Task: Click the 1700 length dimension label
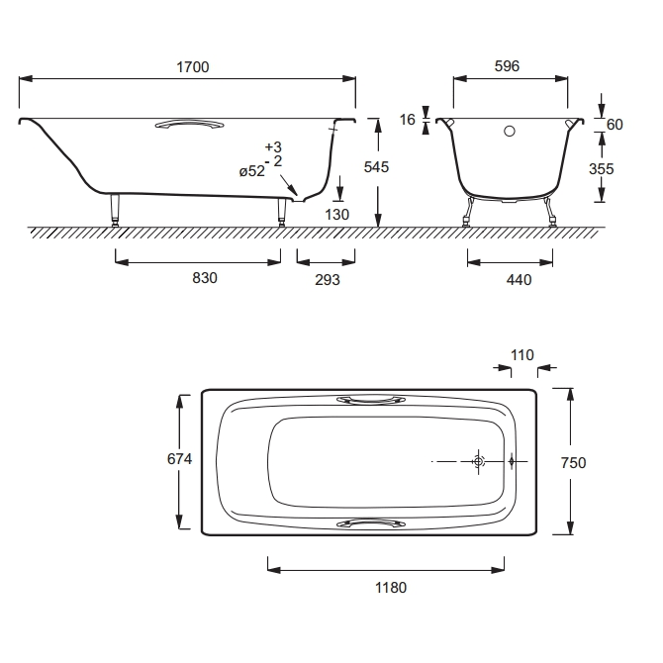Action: [193, 67]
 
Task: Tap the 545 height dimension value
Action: [376, 167]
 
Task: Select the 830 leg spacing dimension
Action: [205, 278]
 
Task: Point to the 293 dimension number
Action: [328, 279]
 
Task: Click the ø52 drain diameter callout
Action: [252, 171]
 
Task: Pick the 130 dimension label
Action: [337, 215]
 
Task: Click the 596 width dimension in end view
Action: [507, 66]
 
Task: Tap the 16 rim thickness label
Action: [407, 120]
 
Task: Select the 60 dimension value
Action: [615, 125]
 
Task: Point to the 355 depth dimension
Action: [602, 169]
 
